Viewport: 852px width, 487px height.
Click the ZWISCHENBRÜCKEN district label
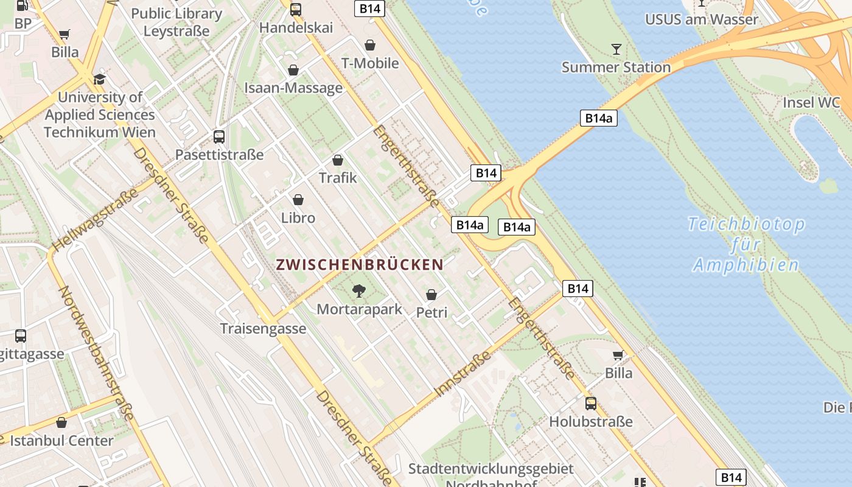click(359, 265)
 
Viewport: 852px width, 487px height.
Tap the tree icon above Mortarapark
click(359, 290)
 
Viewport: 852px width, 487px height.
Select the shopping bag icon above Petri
click(431, 295)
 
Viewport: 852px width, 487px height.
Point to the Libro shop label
click(298, 217)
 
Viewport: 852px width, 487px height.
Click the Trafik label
click(338, 178)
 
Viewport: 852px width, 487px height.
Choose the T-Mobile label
click(370, 63)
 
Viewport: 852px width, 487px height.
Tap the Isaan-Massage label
click(293, 88)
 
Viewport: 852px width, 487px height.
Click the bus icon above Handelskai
click(296, 9)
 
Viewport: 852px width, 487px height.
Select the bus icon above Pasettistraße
click(219, 136)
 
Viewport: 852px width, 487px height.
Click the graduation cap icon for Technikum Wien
click(99, 79)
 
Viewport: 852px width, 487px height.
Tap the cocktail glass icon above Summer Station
click(616, 49)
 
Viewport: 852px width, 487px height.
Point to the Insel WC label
click(811, 102)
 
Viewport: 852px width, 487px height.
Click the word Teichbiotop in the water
click(746, 224)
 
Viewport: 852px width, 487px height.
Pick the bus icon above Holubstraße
click(590, 403)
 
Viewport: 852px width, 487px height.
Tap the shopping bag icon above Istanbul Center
click(61, 422)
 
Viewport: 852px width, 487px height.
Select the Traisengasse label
click(263, 329)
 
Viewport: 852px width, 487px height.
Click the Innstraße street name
click(463, 373)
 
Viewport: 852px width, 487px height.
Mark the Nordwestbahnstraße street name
click(96, 353)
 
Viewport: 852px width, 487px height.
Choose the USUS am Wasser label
click(702, 19)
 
